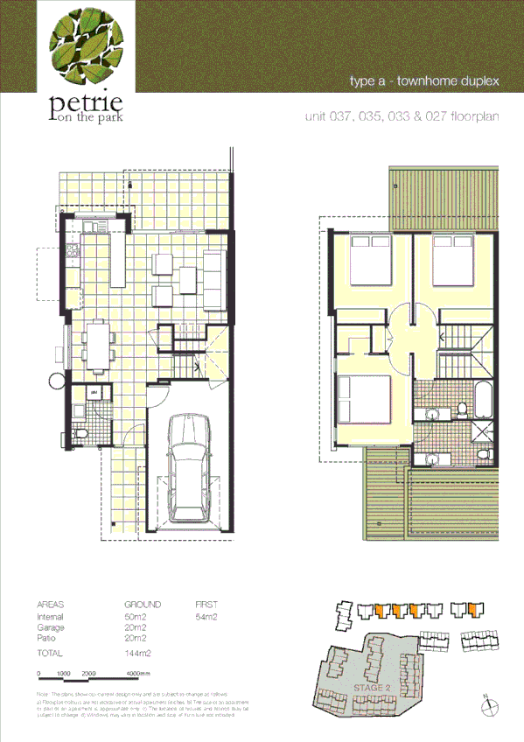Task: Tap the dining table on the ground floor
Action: [x=98, y=344]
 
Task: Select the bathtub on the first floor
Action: [x=484, y=399]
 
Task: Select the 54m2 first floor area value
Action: [x=206, y=618]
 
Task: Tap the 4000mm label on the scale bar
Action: [x=139, y=674]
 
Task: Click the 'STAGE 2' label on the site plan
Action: [x=371, y=689]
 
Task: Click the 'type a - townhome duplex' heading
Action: [x=423, y=81]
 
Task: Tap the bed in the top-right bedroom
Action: [x=462, y=259]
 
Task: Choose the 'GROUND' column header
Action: [x=143, y=605]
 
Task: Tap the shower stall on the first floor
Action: [x=484, y=435]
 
